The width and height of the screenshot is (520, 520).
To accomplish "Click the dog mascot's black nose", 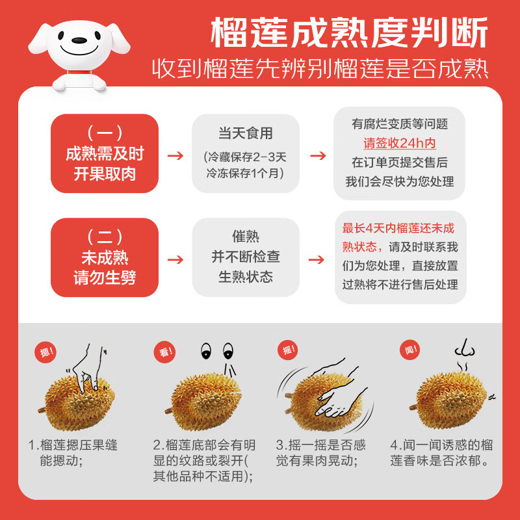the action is (x=79, y=40).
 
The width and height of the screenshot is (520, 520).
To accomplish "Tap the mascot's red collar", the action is (x=79, y=72).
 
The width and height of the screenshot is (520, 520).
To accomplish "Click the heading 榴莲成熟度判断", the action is (x=349, y=32).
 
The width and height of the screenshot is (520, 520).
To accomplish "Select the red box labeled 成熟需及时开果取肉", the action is (x=105, y=153).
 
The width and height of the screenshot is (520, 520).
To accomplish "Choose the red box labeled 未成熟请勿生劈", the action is (x=105, y=257).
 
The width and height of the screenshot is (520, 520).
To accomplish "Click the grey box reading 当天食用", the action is (x=246, y=153).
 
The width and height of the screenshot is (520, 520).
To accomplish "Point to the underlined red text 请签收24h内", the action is (x=400, y=143).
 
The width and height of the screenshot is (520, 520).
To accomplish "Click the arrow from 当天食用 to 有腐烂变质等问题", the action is (x=318, y=155).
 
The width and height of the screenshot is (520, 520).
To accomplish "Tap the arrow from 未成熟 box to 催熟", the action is (x=175, y=259).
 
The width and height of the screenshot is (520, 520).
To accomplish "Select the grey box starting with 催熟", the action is (x=246, y=257).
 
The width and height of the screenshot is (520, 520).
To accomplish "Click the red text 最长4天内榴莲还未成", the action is (x=398, y=228).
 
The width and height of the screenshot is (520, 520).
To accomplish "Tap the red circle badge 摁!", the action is (x=45, y=352).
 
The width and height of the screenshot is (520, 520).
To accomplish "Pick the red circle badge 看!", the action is (x=165, y=352).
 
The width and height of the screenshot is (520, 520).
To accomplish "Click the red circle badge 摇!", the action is (x=288, y=350).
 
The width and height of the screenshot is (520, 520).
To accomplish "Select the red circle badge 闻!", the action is (x=411, y=350).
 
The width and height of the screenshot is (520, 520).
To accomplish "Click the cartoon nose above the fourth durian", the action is (x=465, y=348).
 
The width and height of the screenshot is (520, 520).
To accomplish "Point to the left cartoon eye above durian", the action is (x=206, y=351).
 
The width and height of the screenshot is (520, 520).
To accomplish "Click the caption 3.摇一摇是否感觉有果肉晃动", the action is (x=320, y=452).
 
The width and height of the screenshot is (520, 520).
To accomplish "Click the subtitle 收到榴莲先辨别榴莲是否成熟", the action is (x=320, y=69).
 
